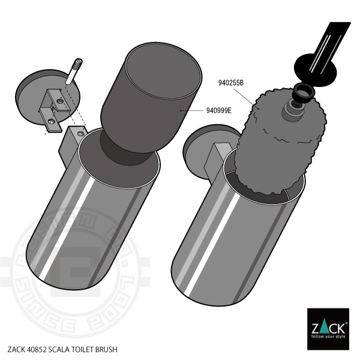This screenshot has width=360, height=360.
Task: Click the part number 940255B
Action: click(x=230, y=82)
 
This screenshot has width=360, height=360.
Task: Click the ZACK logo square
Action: click(x=328, y=328)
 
